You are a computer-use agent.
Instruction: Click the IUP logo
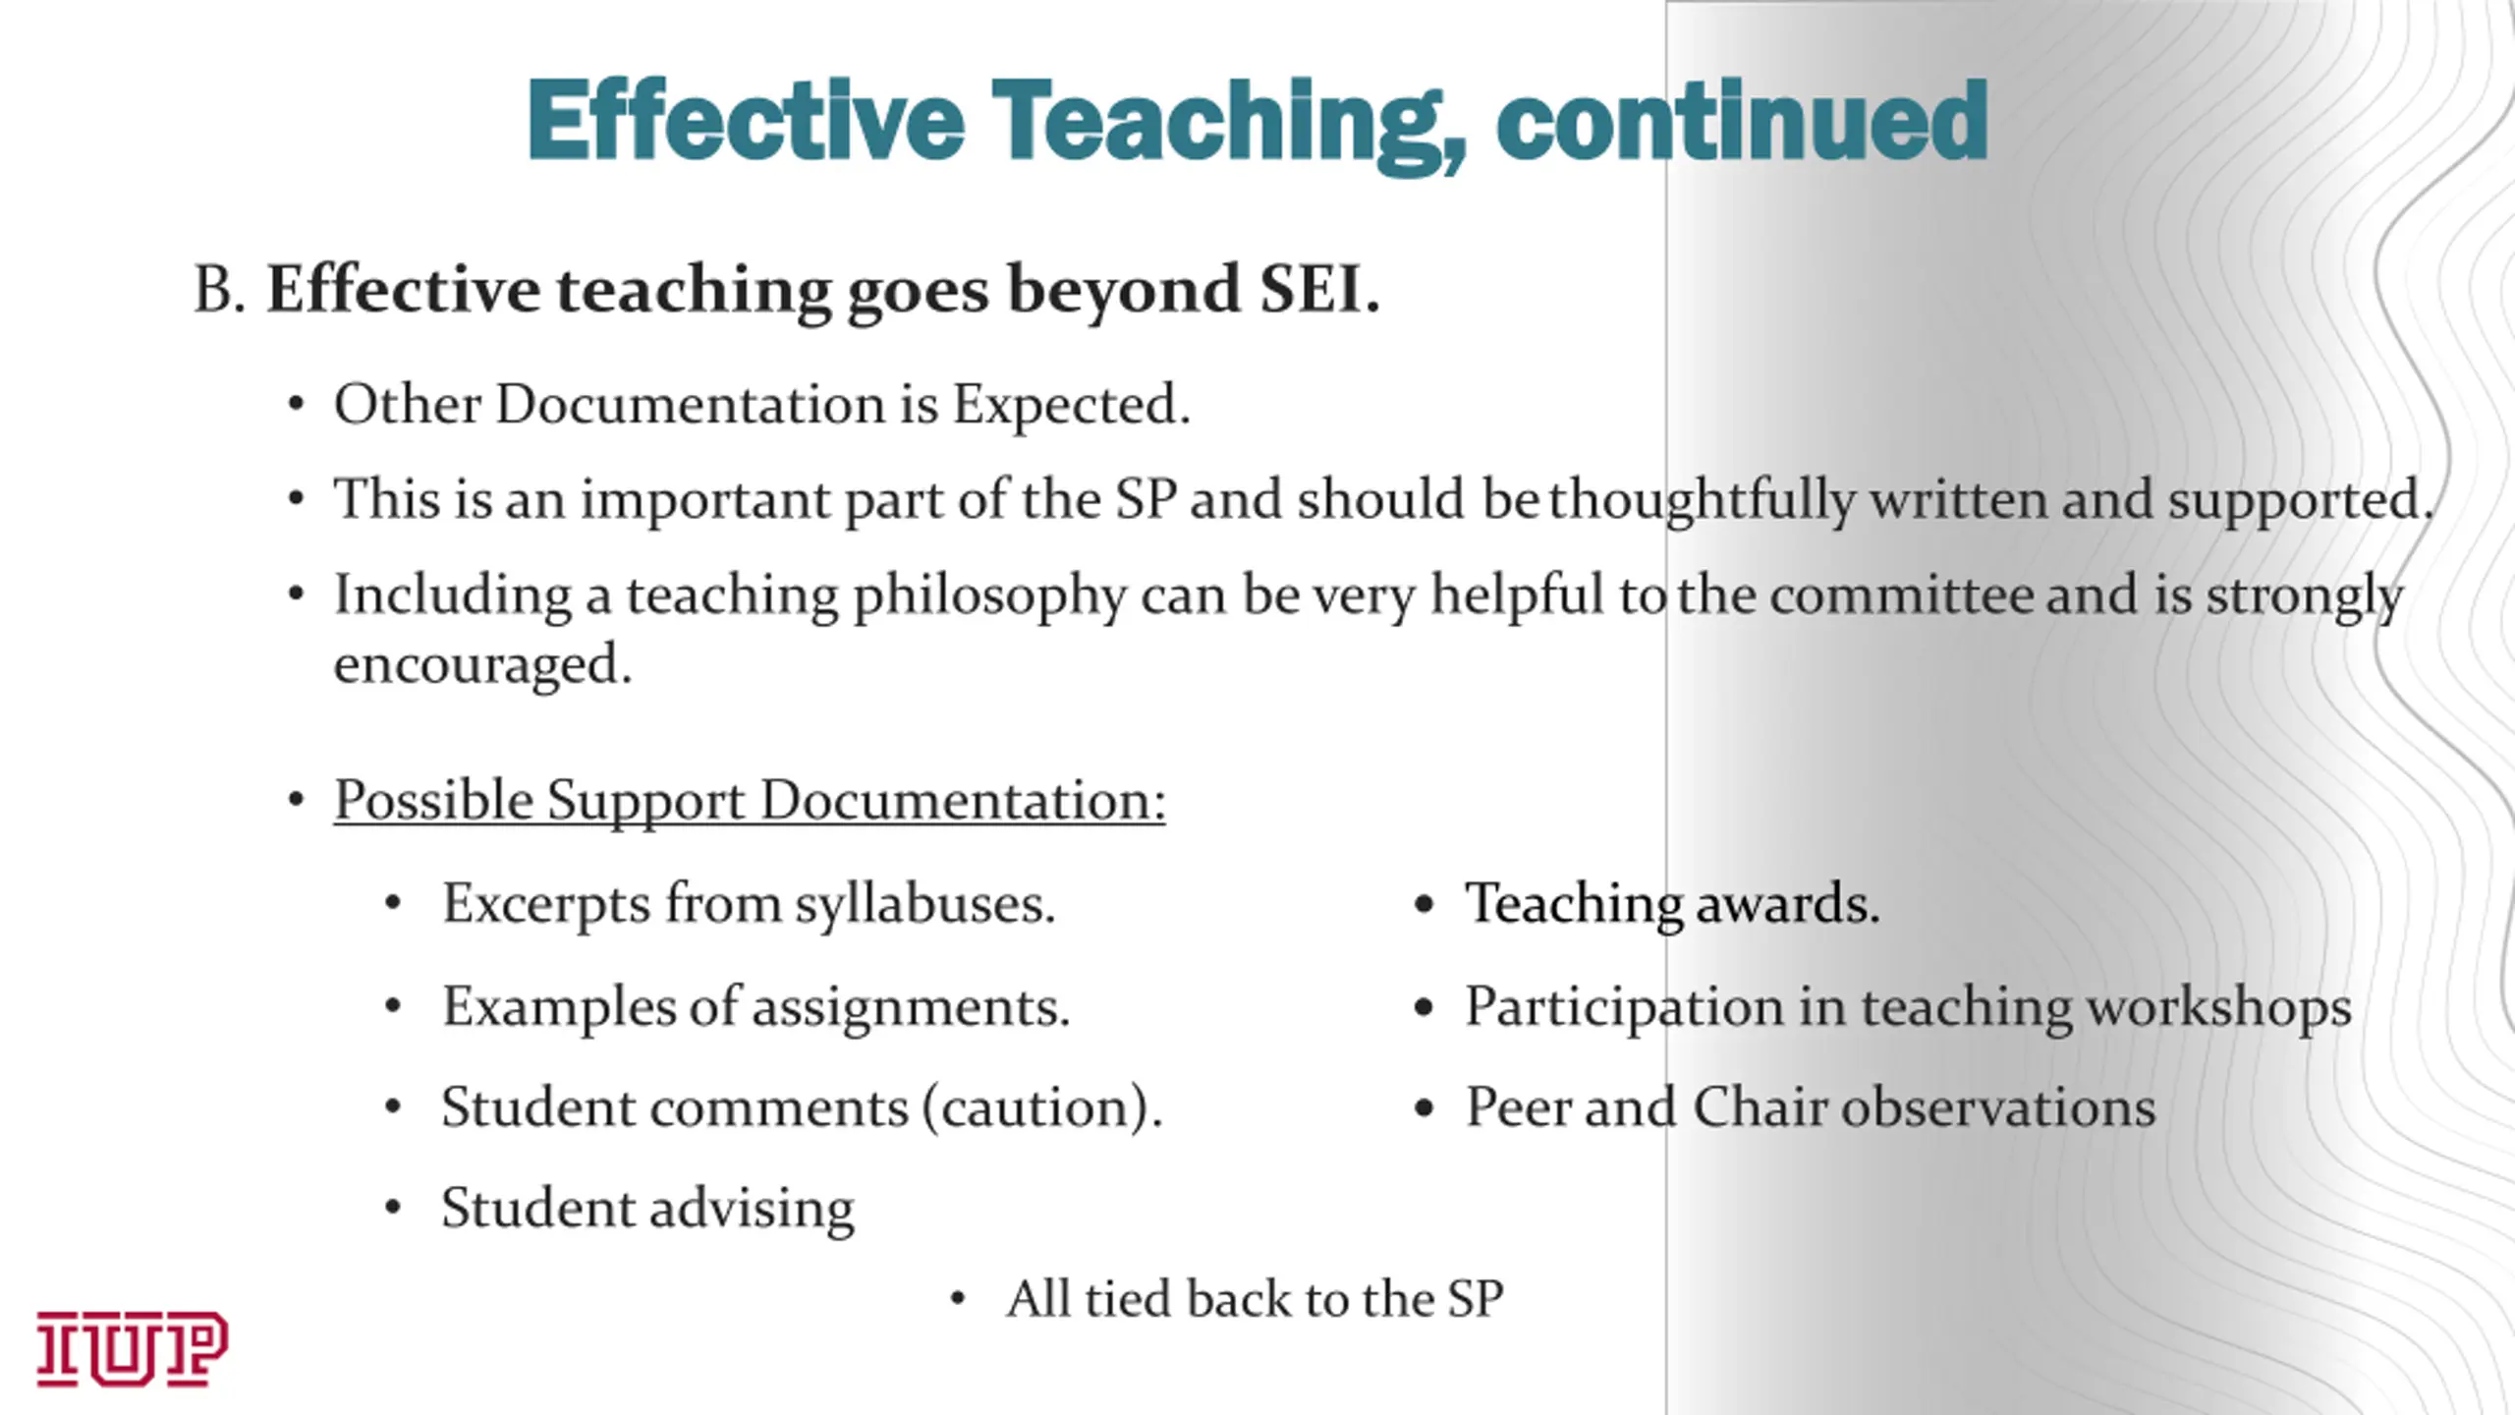[133, 1348]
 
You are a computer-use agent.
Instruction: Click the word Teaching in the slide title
[1229, 123]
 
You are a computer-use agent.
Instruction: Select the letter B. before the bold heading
[220, 290]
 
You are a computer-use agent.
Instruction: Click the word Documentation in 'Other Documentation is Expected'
[690, 404]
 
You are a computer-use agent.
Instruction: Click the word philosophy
[989, 596]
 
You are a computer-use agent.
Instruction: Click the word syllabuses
[924, 905]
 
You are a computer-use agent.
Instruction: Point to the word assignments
[911, 1008]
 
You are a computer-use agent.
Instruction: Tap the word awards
[1787, 904]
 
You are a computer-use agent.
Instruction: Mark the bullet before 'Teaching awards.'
[1425, 905]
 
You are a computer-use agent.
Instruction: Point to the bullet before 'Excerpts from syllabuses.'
[393, 904]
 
